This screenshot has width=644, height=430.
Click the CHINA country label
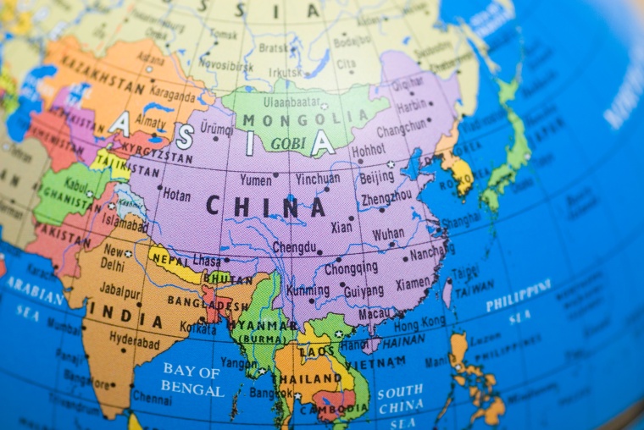265,206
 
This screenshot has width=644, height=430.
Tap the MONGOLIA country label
295,119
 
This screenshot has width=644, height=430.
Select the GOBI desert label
288,144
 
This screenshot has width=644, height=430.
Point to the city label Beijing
376,178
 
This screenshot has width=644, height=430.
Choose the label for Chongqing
352,267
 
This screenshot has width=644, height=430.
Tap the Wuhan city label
388,233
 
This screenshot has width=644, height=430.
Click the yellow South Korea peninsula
461,174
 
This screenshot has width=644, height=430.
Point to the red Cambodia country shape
333,401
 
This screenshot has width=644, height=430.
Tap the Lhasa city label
206,260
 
